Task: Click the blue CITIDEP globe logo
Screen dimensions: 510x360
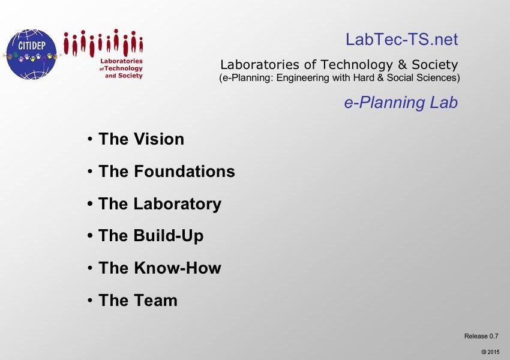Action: (31, 55)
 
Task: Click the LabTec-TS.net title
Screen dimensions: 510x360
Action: (401, 40)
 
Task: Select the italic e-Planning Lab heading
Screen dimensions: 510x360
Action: (401, 103)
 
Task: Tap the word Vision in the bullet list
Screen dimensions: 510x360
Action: (159, 139)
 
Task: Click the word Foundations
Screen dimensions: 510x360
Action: (184, 172)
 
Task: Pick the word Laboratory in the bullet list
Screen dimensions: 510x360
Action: (178, 204)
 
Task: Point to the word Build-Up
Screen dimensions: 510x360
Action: (169, 236)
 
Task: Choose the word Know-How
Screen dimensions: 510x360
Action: (177, 268)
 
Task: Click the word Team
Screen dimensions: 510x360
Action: (155, 300)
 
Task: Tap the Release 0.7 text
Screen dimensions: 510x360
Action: (481, 336)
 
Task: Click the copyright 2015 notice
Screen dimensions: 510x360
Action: (490, 352)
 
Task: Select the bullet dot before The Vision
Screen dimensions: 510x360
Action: (90, 140)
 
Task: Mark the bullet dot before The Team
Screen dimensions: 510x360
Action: (90, 301)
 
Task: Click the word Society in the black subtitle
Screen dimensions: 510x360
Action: (435, 65)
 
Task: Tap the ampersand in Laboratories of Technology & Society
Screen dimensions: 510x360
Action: (402, 65)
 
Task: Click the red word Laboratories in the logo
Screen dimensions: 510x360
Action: (121, 61)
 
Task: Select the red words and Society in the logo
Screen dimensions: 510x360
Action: (124, 76)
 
